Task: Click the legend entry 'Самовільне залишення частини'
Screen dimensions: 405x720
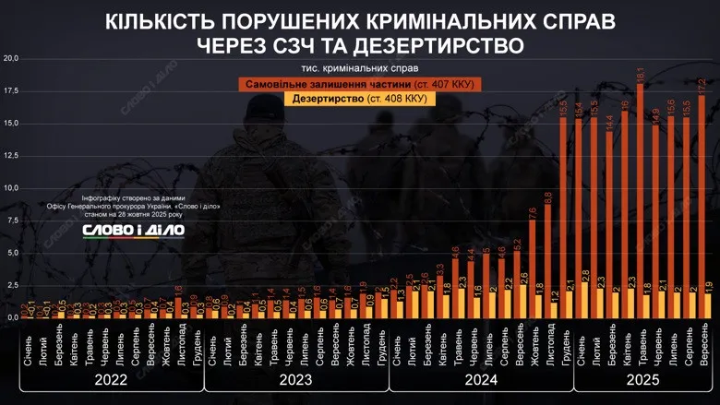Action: pos(359,84)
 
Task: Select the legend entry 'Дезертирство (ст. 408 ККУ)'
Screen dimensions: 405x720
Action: pos(359,98)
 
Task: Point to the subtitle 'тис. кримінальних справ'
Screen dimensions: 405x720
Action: pos(359,68)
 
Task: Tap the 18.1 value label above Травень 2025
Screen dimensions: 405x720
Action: pos(640,74)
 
